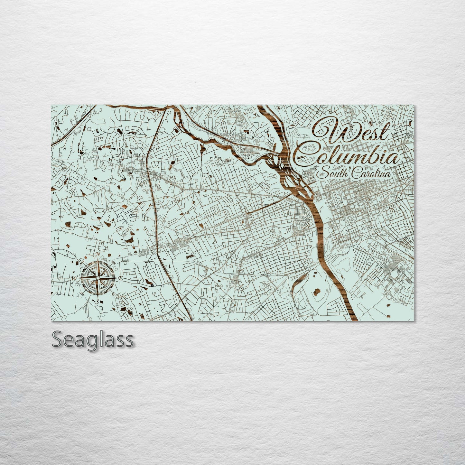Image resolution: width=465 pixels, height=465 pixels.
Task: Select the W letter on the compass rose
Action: click(74, 278)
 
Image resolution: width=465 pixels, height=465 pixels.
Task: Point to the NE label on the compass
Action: click(113, 263)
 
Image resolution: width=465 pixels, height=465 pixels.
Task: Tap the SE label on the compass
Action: click(113, 293)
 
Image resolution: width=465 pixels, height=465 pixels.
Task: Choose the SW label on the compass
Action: click(82, 293)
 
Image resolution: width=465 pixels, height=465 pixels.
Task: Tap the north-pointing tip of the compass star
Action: click(98, 259)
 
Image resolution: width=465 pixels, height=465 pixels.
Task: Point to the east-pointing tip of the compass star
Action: click(116, 278)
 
